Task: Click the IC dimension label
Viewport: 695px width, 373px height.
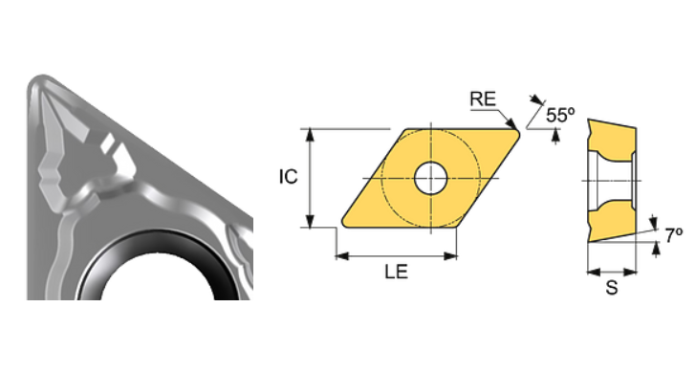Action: pyautogui.click(x=289, y=177)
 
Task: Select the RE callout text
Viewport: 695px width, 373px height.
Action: pyautogui.click(x=482, y=99)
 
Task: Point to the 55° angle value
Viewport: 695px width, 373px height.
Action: pyautogui.click(x=560, y=115)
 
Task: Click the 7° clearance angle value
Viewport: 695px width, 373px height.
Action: pyautogui.click(x=673, y=233)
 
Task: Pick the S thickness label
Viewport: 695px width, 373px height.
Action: pyautogui.click(x=611, y=287)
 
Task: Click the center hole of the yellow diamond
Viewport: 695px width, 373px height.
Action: pyautogui.click(x=430, y=177)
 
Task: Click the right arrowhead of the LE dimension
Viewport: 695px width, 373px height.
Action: pyautogui.click(x=452, y=256)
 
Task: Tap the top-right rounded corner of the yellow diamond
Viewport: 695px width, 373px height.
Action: pyautogui.click(x=515, y=133)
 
